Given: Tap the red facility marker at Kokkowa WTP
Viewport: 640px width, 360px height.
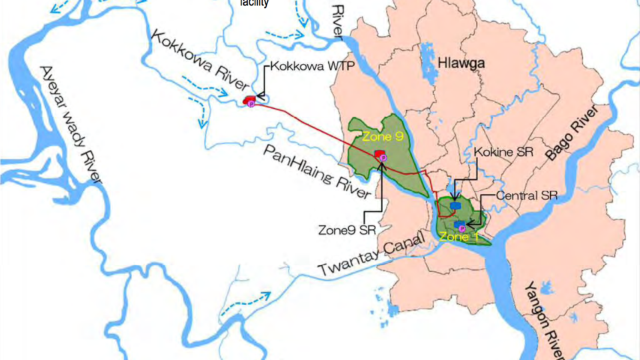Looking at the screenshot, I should pos(248,100).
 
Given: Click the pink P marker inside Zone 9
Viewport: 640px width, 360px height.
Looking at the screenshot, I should pos(384,157).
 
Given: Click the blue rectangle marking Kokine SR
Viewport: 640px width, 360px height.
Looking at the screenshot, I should pos(455,206).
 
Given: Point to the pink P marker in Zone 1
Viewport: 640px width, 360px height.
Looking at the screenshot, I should pos(462,229).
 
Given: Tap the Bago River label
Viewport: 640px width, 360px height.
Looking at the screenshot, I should pos(573,133).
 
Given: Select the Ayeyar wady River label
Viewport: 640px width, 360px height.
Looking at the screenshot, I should pos(70,125).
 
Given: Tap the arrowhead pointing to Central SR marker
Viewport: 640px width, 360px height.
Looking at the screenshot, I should pos(470,222).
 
